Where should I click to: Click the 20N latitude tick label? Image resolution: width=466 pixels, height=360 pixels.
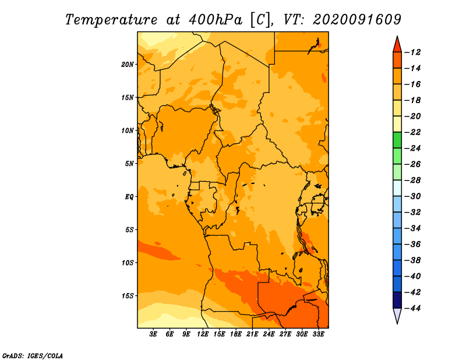[x=128, y=65]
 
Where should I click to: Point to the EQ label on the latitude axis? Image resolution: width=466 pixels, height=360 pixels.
[x=129, y=197]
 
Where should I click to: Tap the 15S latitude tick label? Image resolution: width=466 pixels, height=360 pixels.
[x=128, y=296]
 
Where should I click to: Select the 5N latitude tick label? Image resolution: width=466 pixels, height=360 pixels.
[x=129, y=164]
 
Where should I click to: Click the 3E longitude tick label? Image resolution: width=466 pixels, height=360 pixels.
[x=153, y=334]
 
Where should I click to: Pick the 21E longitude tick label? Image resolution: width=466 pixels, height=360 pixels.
[x=252, y=334]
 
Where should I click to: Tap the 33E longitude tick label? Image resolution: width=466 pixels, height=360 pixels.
[x=318, y=334]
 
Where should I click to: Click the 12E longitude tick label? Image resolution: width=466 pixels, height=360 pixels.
[x=203, y=334]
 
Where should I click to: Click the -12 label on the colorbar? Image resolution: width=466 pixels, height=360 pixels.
[x=413, y=52]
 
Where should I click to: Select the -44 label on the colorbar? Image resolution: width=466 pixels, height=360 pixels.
[x=413, y=308]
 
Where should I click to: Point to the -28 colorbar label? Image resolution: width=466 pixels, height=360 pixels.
[x=413, y=180]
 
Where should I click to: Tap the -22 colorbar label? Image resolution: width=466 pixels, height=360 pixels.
[x=413, y=132]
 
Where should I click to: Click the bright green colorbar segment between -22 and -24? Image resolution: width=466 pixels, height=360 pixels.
[x=397, y=140]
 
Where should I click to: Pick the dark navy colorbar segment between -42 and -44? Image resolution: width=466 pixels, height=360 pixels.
[x=397, y=300]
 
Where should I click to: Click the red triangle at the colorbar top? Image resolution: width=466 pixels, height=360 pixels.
[x=397, y=45]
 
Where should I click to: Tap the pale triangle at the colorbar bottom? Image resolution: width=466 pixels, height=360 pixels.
[x=397, y=315]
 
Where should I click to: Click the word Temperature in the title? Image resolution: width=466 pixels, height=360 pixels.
[x=111, y=20]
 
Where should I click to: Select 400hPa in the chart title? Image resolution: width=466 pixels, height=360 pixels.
[x=216, y=20]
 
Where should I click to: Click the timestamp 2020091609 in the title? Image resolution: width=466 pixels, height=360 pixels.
[x=357, y=20]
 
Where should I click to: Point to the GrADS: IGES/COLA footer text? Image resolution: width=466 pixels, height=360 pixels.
[x=33, y=356]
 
